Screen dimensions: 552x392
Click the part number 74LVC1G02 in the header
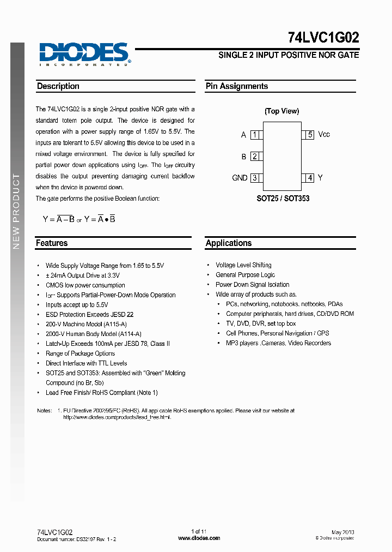click(323, 38)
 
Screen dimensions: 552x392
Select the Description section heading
click(58, 86)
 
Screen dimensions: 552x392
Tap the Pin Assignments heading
click(237, 86)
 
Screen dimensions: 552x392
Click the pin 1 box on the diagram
click(255, 135)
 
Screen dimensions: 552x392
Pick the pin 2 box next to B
click(255, 157)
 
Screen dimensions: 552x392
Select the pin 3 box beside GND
click(255, 178)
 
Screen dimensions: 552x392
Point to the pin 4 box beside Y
click(310, 178)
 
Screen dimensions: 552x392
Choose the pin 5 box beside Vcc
click(310, 135)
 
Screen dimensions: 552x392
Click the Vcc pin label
click(324, 134)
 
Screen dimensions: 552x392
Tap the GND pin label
click(240, 178)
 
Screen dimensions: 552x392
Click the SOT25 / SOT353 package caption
click(283, 199)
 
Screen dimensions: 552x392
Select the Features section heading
click(52, 243)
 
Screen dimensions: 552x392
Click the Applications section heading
click(229, 243)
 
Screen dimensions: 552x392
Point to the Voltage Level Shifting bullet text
click(243, 265)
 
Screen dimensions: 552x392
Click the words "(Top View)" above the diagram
click(281, 111)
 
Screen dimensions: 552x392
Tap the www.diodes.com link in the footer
click(199, 538)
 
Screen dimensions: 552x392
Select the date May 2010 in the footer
click(343, 532)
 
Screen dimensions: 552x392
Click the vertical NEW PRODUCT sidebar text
click(16, 211)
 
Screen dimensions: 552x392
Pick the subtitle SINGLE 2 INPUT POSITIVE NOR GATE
click(289, 55)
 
